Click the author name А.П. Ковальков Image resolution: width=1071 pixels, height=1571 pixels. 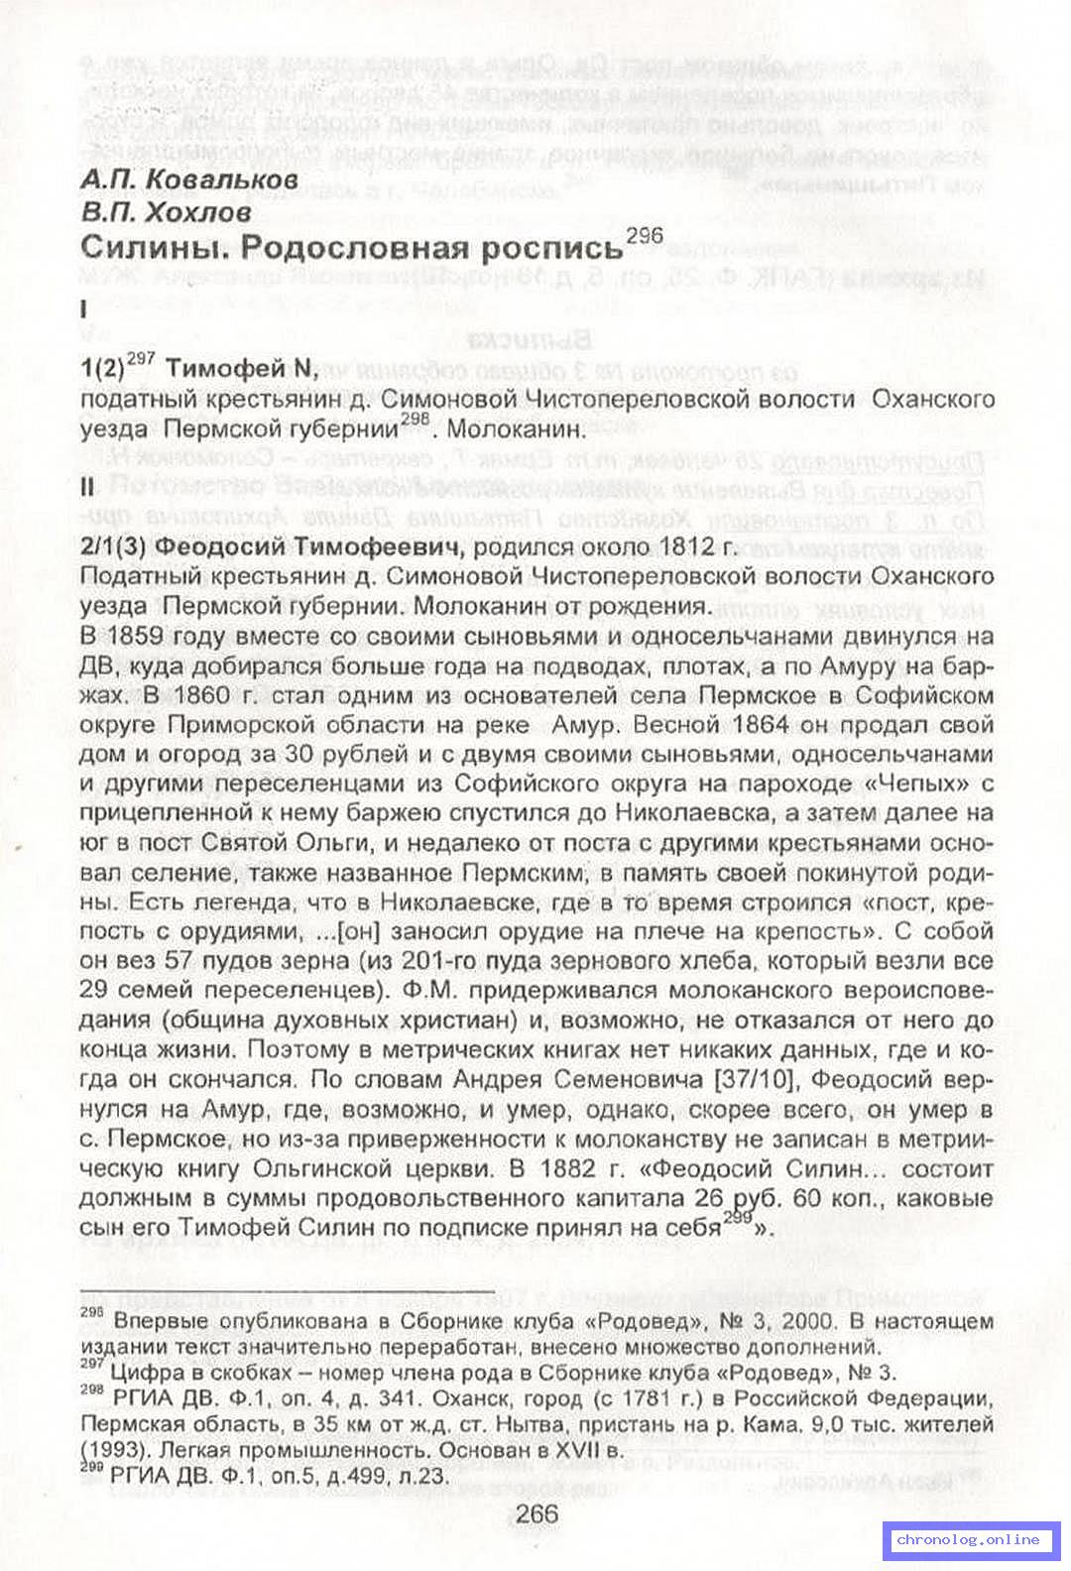[188, 180]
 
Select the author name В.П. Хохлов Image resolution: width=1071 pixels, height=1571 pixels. [166, 211]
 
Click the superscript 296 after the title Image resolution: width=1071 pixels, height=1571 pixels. [645, 235]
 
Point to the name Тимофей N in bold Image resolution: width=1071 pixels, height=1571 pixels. [241, 368]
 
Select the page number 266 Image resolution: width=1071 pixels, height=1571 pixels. [536, 1513]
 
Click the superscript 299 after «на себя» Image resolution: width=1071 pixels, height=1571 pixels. [736, 1219]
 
